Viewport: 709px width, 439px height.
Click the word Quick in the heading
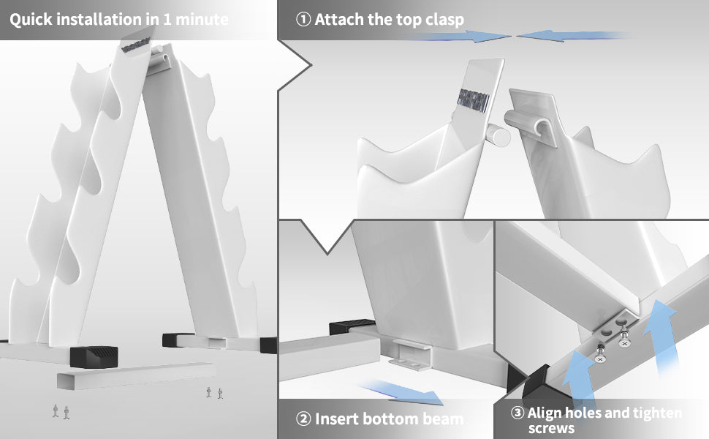(x=31, y=20)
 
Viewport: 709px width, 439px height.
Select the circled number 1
(x=303, y=20)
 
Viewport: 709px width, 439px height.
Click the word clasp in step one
(x=444, y=20)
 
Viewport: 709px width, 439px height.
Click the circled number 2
(x=303, y=419)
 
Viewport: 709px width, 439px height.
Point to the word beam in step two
(x=443, y=419)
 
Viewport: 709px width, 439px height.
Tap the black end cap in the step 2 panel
(x=352, y=327)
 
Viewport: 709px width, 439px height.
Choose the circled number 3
(x=517, y=413)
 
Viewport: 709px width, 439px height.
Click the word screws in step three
(x=551, y=428)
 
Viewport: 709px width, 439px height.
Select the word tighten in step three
(x=657, y=413)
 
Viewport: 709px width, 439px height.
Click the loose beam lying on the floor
(x=136, y=375)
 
